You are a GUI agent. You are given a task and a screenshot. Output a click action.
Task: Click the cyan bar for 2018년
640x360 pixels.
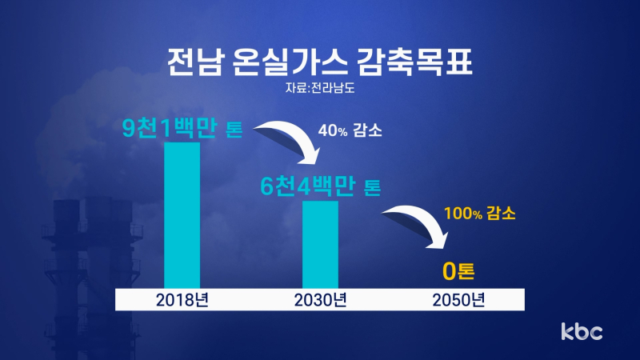point(182,215)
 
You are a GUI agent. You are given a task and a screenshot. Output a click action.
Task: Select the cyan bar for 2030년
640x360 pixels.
point(321,245)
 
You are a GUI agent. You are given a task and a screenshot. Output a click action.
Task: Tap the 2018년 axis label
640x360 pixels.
point(182,300)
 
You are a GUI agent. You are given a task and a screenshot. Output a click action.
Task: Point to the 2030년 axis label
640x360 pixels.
point(321,300)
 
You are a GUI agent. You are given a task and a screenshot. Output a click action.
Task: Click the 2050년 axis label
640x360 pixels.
point(458,300)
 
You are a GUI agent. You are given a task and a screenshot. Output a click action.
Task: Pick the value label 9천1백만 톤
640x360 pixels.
point(182,128)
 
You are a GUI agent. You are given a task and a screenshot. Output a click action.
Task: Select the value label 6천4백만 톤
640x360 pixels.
point(321,186)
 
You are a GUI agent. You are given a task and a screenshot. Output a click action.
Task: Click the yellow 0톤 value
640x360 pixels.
point(458,271)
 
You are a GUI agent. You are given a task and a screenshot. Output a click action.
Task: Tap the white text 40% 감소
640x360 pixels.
point(350,130)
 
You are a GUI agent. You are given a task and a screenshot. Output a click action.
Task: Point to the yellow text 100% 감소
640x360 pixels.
point(479,214)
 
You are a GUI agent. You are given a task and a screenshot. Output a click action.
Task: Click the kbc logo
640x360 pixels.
point(582,331)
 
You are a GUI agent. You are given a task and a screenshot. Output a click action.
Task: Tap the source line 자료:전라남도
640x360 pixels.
point(320,88)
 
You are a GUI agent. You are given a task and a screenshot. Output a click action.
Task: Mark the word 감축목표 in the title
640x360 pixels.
point(414,62)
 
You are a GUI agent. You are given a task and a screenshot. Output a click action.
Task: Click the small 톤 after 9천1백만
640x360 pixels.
point(234,130)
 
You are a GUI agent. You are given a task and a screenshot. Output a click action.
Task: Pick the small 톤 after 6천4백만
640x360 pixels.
point(372,188)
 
